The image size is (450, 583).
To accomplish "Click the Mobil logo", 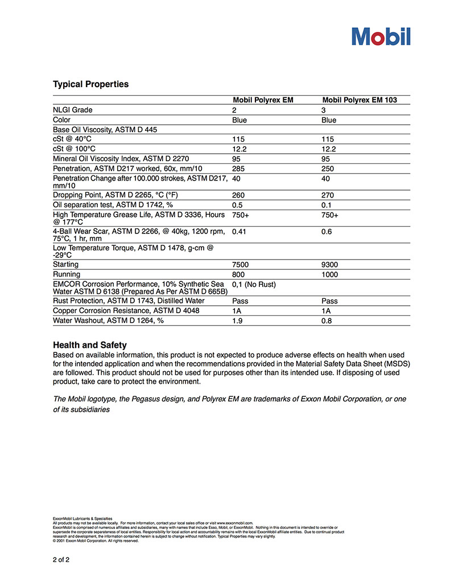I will coord(381,36).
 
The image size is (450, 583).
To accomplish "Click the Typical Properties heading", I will coord(90,84).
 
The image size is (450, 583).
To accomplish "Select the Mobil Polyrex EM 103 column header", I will coord(360,100).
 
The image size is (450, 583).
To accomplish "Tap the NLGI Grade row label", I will coord(72,110).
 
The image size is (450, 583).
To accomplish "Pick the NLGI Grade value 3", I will coord(324,110).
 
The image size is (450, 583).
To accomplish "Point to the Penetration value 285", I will coord(238,169).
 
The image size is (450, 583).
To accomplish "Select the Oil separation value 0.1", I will coord(327,205).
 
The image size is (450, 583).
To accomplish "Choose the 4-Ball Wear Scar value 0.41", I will coord(240,232).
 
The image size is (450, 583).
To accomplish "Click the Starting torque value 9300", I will coord(331,265).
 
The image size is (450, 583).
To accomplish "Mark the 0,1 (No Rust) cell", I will coord(255,284).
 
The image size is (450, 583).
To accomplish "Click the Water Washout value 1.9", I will coord(237,321).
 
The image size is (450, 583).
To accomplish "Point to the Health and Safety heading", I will coord(89,345).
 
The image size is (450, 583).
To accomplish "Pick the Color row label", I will coord(61,120).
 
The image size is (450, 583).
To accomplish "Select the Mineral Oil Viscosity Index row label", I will coord(121,159).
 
